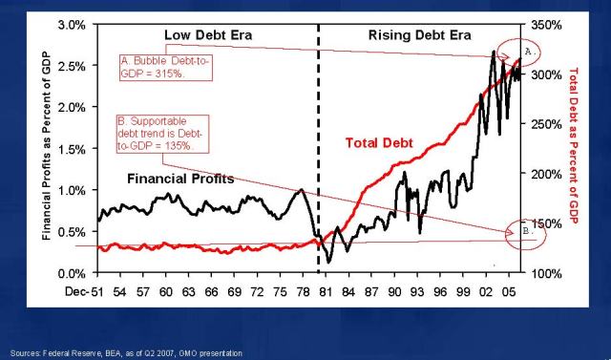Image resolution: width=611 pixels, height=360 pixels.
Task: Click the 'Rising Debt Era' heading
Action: point(418,35)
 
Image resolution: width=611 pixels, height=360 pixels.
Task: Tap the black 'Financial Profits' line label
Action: point(184,178)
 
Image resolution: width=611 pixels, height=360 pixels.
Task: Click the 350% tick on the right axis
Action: point(541,24)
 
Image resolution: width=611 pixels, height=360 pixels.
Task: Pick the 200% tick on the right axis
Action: point(541,174)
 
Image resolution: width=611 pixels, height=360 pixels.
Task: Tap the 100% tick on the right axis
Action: point(541,273)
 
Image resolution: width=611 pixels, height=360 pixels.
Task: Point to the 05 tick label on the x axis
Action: point(509,291)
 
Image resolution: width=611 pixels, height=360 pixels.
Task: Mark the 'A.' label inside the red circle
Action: point(532,49)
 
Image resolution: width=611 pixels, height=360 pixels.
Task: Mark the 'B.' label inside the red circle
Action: point(532,233)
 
